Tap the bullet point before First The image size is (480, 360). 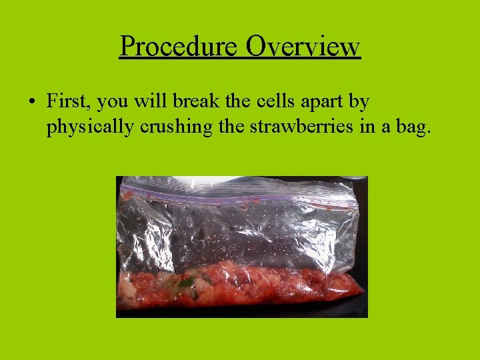[x=31, y=102]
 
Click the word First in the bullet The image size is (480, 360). [x=69, y=101]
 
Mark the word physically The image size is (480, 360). [x=90, y=127]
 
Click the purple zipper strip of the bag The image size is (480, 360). [x=240, y=199]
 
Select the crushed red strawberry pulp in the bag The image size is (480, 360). [x=280, y=287]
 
